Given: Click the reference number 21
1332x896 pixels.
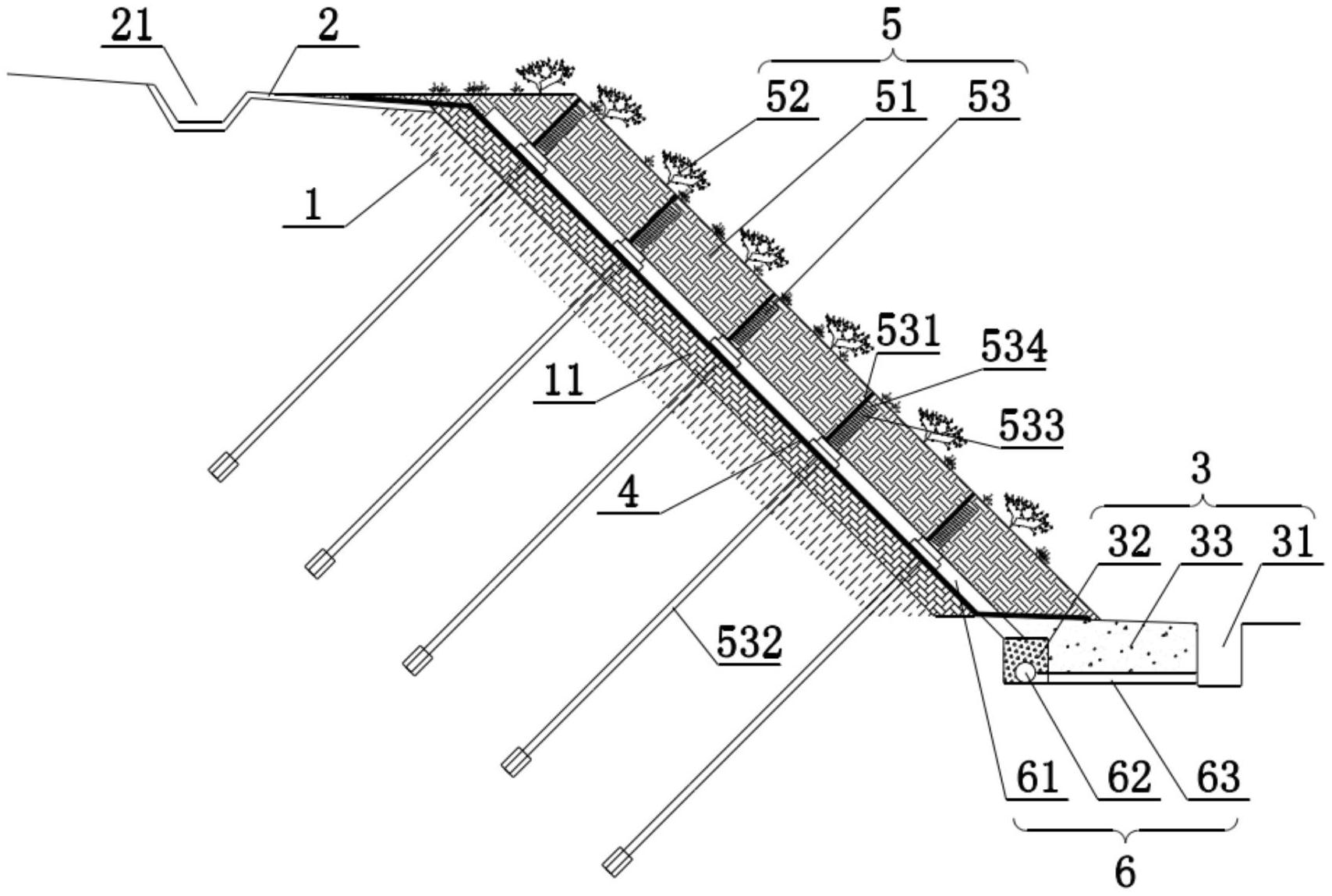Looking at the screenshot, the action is (132, 27).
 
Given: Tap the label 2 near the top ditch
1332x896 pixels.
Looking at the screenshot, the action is (328, 27).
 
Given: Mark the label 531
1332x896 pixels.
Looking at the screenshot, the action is (908, 331).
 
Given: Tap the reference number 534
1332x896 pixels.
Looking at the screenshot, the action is (1014, 349).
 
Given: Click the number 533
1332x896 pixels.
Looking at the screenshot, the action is (1031, 426).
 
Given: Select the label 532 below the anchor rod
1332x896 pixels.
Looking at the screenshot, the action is (749, 643).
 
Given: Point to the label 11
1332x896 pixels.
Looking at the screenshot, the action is (565, 381).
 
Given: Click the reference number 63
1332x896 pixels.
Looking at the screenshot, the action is (1218, 777).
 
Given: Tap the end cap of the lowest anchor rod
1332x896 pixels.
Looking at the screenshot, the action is (616, 862).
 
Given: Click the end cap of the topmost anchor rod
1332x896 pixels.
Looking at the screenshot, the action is (222, 467).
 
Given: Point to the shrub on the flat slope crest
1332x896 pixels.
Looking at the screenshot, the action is (544, 76).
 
